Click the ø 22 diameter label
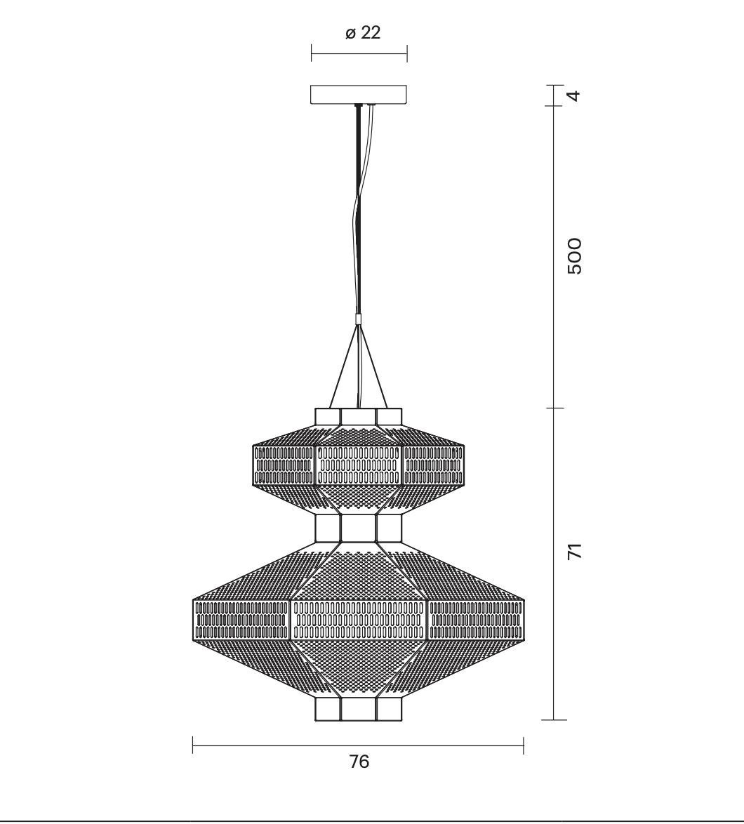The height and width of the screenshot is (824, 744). point(363,32)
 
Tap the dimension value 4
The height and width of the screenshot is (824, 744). point(576,95)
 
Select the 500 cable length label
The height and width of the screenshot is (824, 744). point(576,256)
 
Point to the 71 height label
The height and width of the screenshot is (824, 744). point(576,551)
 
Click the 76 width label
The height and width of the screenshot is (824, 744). point(359,762)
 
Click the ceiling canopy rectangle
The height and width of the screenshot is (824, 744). point(359,95)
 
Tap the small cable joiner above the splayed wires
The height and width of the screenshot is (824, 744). point(359,319)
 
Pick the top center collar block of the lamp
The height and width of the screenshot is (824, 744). point(359,417)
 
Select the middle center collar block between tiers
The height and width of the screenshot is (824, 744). point(359,528)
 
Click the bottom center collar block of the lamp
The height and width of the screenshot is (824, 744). point(359,709)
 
